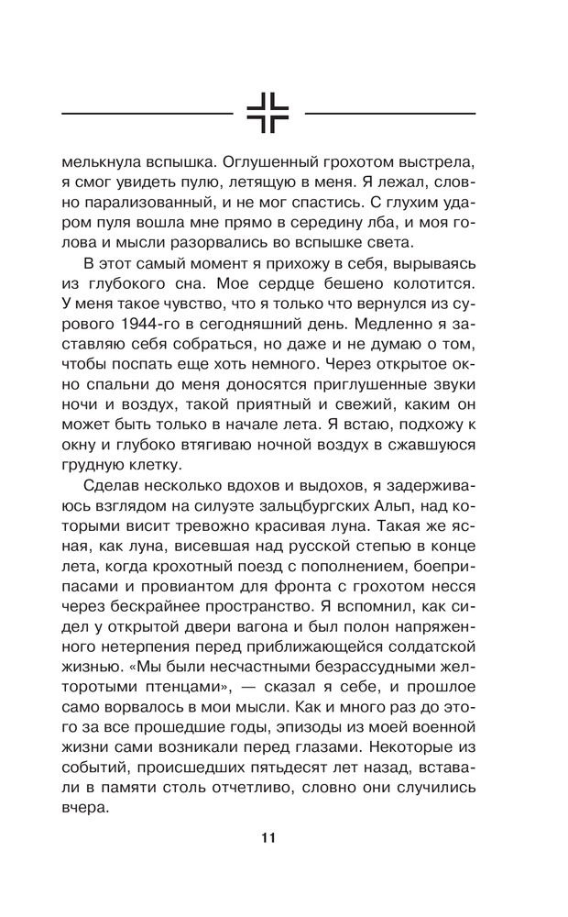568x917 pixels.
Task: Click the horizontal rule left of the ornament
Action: pyautogui.click(x=147, y=114)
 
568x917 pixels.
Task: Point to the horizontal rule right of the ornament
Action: pyautogui.click(x=389, y=114)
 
